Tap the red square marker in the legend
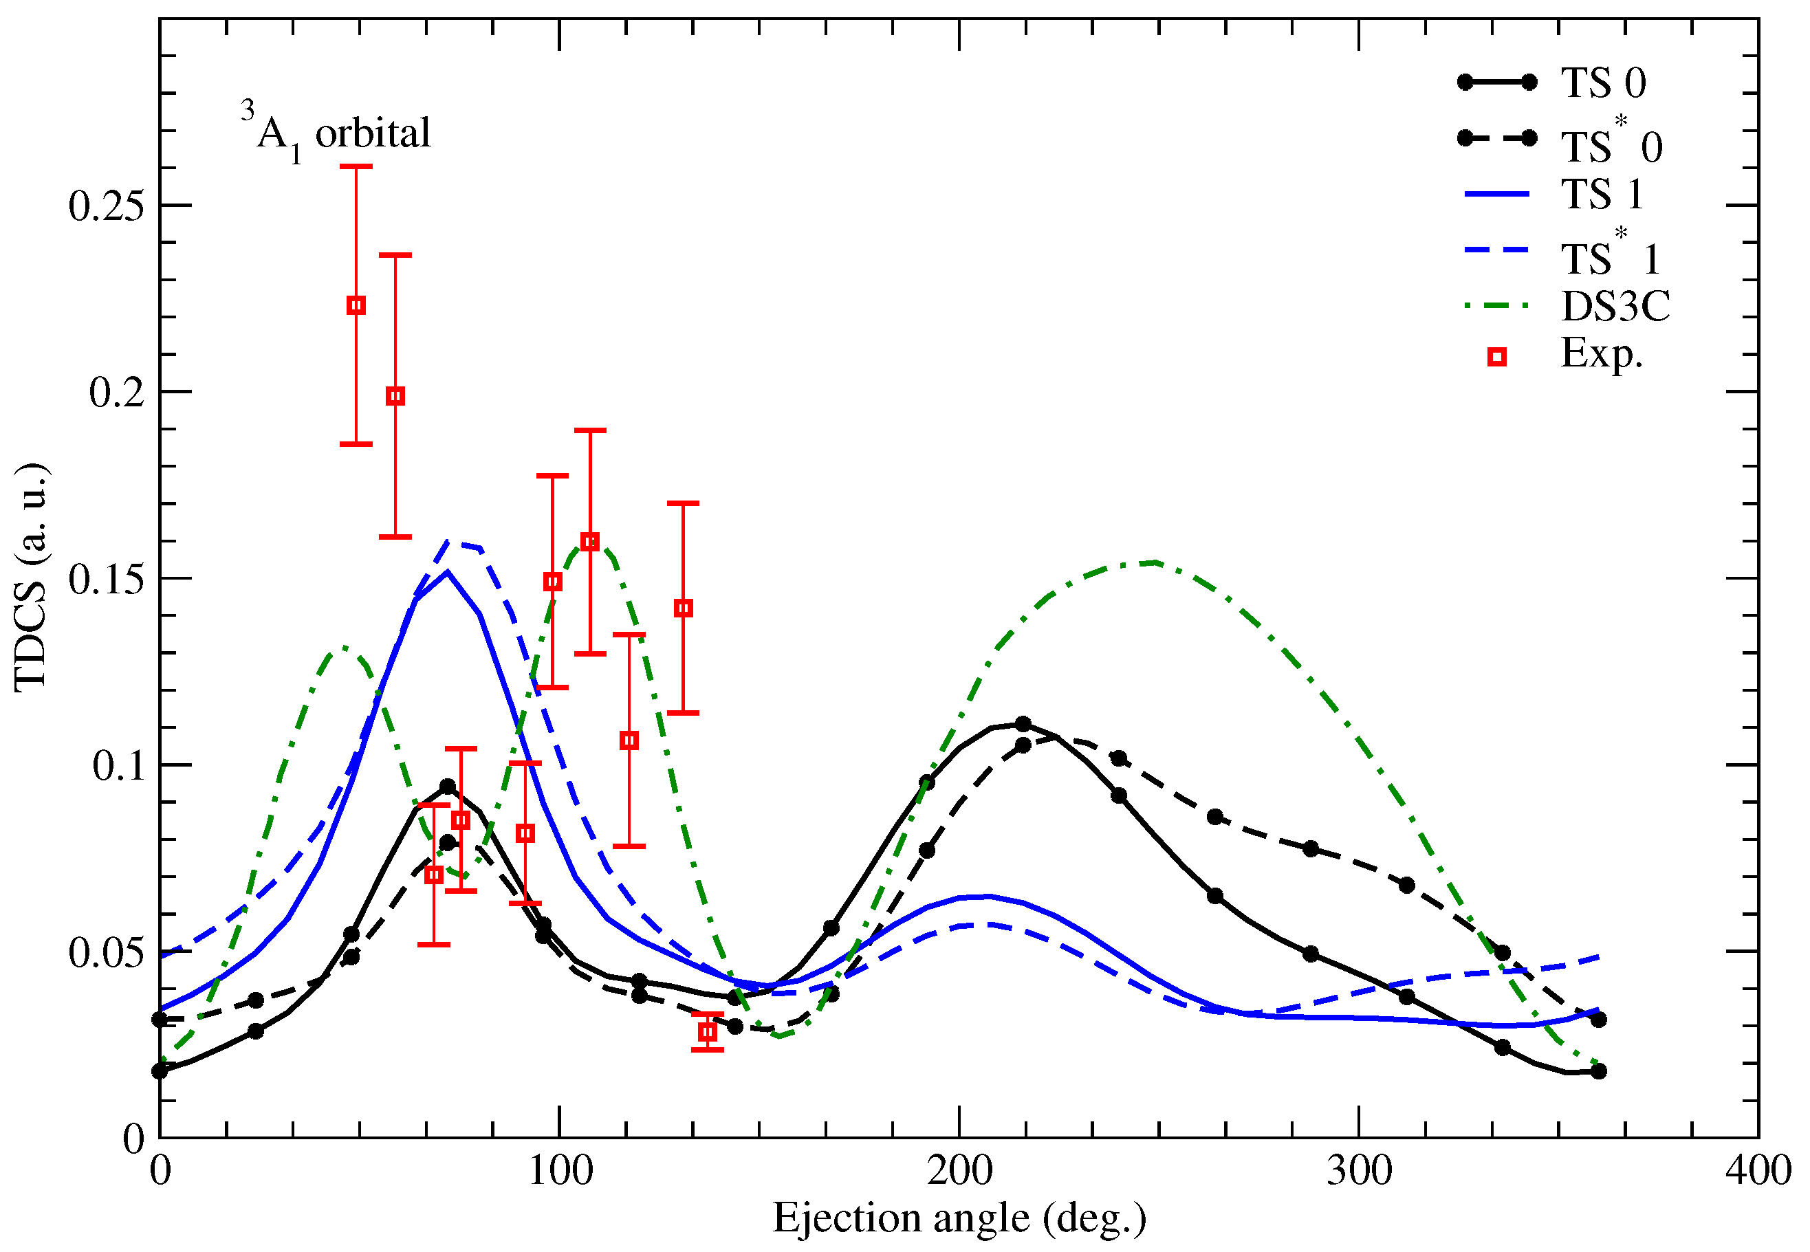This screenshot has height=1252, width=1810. point(1497,358)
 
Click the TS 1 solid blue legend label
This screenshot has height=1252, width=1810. point(1602,194)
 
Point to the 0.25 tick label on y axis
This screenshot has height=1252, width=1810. point(107,206)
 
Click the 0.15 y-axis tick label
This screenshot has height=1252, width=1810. point(107,580)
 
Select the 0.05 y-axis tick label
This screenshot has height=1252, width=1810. point(107,953)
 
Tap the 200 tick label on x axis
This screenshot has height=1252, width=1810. point(959,1171)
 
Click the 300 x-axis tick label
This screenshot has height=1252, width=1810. point(1358,1171)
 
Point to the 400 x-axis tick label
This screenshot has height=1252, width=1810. point(1758,1171)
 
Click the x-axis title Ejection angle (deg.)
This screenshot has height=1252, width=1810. point(959,1218)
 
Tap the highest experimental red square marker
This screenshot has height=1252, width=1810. point(356,305)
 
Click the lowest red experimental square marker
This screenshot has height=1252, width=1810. point(708,1033)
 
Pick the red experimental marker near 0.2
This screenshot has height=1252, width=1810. point(395,396)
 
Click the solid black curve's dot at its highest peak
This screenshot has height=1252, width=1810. point(1023,724)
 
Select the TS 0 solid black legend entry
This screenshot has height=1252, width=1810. point(1602,83)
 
